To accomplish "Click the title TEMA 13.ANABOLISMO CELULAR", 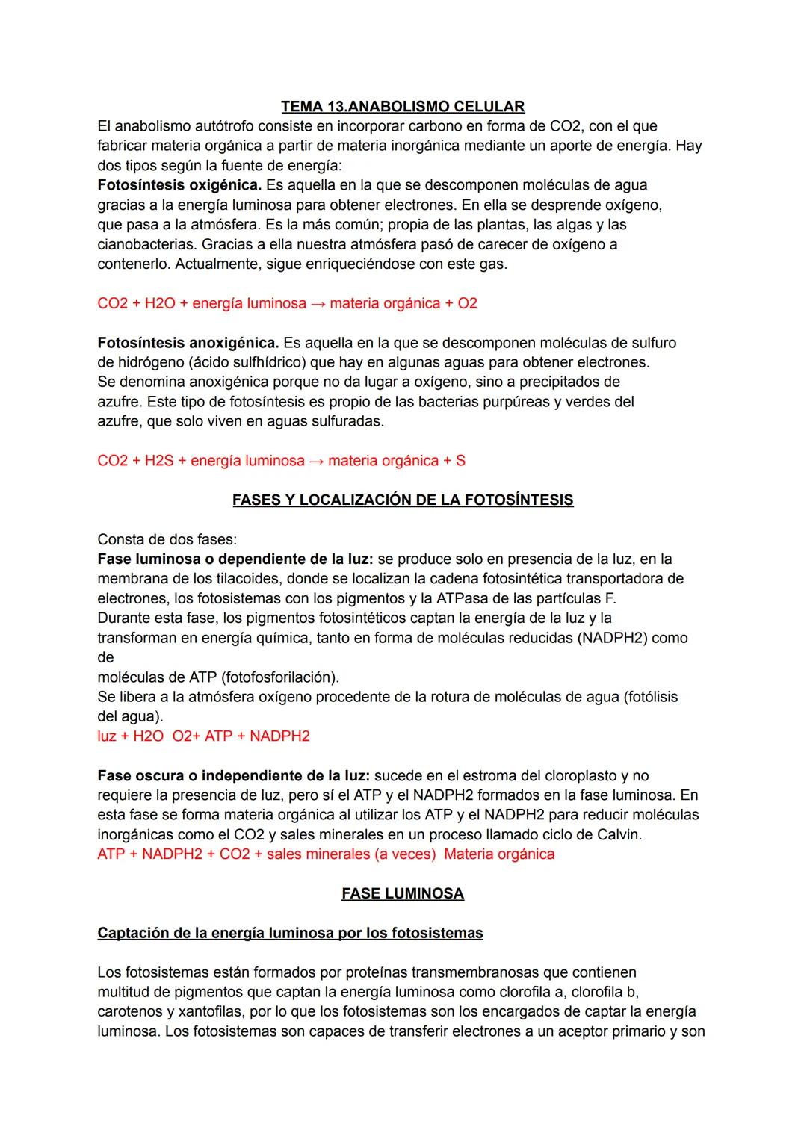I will point(403,106).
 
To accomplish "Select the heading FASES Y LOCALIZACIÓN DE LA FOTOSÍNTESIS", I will point(403,500).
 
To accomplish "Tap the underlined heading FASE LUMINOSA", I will point(403,893).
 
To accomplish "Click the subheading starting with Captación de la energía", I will point(290,933).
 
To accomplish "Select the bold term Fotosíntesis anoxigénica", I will point(188,343).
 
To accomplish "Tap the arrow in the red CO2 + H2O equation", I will point(318,303).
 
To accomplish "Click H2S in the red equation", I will point(158,460).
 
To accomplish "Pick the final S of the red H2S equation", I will point(460,460).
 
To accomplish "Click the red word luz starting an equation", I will point(107,736).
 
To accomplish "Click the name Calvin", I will point(620,834).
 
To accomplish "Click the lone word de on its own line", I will point(105,657).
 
